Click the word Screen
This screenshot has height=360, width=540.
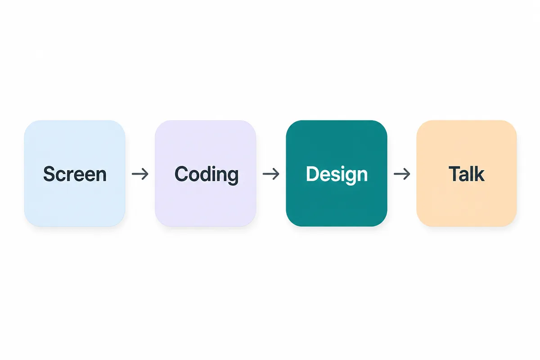coord(75,174)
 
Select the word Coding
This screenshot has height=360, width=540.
coord(207,175)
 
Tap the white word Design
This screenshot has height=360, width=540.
coord(337,175)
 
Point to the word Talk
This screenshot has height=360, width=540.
coord(467,174)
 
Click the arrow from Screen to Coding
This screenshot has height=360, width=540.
coord(140,174)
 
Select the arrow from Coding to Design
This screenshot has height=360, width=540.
coord(271,174)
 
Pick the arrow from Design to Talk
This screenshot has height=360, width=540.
coord(402,174)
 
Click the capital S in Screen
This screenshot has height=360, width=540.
coord(49,174)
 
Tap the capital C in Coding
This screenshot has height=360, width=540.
coord(181,174)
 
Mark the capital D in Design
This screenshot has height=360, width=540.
coord(313,174)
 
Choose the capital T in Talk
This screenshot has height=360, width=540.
coord(455,174)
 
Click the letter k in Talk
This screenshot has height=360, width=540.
coord(479,174)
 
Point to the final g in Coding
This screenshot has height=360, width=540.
coord(234,177)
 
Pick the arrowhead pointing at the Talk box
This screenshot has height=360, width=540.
coord(407,174)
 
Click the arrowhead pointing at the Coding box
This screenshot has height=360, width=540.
coord(145,174)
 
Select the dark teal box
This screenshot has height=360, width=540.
coord(337,173)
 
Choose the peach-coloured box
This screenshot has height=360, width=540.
coord(467,173)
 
